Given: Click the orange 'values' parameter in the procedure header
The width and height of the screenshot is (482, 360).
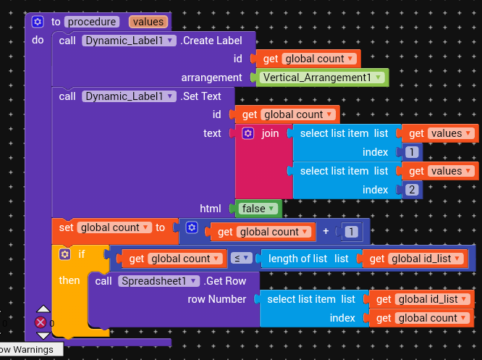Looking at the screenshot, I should [148, 22].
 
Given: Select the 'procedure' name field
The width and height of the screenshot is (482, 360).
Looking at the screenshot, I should [92, 22].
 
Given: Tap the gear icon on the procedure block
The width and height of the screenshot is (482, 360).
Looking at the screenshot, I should [38, 22].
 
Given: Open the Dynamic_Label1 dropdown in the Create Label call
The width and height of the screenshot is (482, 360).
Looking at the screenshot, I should [129, 41].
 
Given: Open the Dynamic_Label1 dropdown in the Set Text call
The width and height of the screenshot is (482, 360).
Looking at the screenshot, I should [129, 96].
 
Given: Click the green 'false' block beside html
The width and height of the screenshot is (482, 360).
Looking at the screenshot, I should [258, 209].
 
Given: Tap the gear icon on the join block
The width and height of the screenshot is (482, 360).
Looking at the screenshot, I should [248, 134].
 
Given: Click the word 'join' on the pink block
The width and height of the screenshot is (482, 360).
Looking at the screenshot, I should [270, 134].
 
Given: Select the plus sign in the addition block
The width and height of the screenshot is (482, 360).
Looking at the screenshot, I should [326, 232].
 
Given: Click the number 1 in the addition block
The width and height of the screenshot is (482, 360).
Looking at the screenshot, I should [351, 232].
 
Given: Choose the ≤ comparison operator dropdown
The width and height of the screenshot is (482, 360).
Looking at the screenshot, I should [238, 259].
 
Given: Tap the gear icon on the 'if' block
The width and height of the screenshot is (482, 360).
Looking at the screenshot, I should [64, 255].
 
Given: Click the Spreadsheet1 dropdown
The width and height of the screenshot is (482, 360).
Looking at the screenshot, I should [158, 281].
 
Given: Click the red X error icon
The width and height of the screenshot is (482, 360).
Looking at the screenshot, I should [41, 322].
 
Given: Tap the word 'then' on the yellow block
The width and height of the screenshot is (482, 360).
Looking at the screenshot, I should [70, 280].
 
